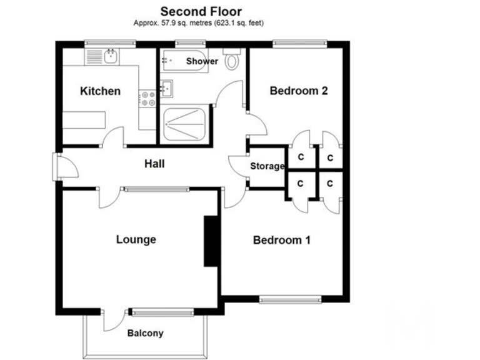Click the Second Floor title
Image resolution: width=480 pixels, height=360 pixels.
click(201, 11)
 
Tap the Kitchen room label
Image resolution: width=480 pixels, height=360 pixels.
click(100, 91)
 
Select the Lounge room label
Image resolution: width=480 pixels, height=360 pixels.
click(136, 239)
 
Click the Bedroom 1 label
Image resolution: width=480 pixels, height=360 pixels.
click(282, 240)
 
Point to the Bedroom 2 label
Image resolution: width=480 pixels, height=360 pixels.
click(298, 91)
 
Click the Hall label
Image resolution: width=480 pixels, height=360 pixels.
click(154, 164)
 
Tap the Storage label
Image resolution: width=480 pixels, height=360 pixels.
click(267, 166)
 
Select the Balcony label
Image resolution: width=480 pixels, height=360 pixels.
click(145, 333)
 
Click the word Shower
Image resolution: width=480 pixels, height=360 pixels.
click(202, 61)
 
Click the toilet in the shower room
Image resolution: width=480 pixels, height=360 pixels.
click(232, 61)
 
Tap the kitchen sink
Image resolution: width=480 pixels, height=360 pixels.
click(111, 57)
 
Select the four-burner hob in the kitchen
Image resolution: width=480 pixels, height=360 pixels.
click(149, 99)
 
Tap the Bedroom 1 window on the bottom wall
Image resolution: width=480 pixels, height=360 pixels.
click(291, 300)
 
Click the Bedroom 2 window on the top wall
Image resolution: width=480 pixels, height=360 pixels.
click(299, 43)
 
